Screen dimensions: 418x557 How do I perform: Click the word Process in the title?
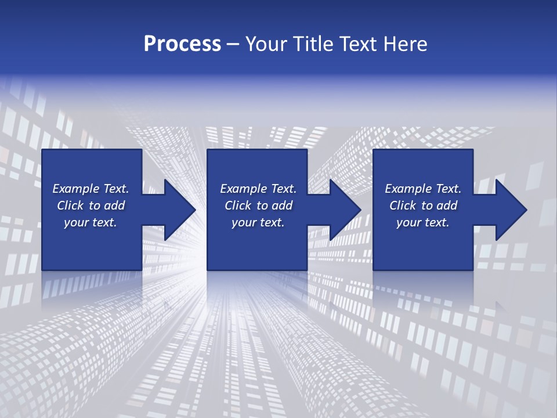182,44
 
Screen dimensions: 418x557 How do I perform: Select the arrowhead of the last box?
510,210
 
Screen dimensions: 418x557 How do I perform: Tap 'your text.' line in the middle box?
258,222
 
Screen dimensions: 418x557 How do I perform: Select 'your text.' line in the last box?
423,222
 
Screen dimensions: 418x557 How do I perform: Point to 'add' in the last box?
447,206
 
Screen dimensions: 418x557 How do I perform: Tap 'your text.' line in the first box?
91,222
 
